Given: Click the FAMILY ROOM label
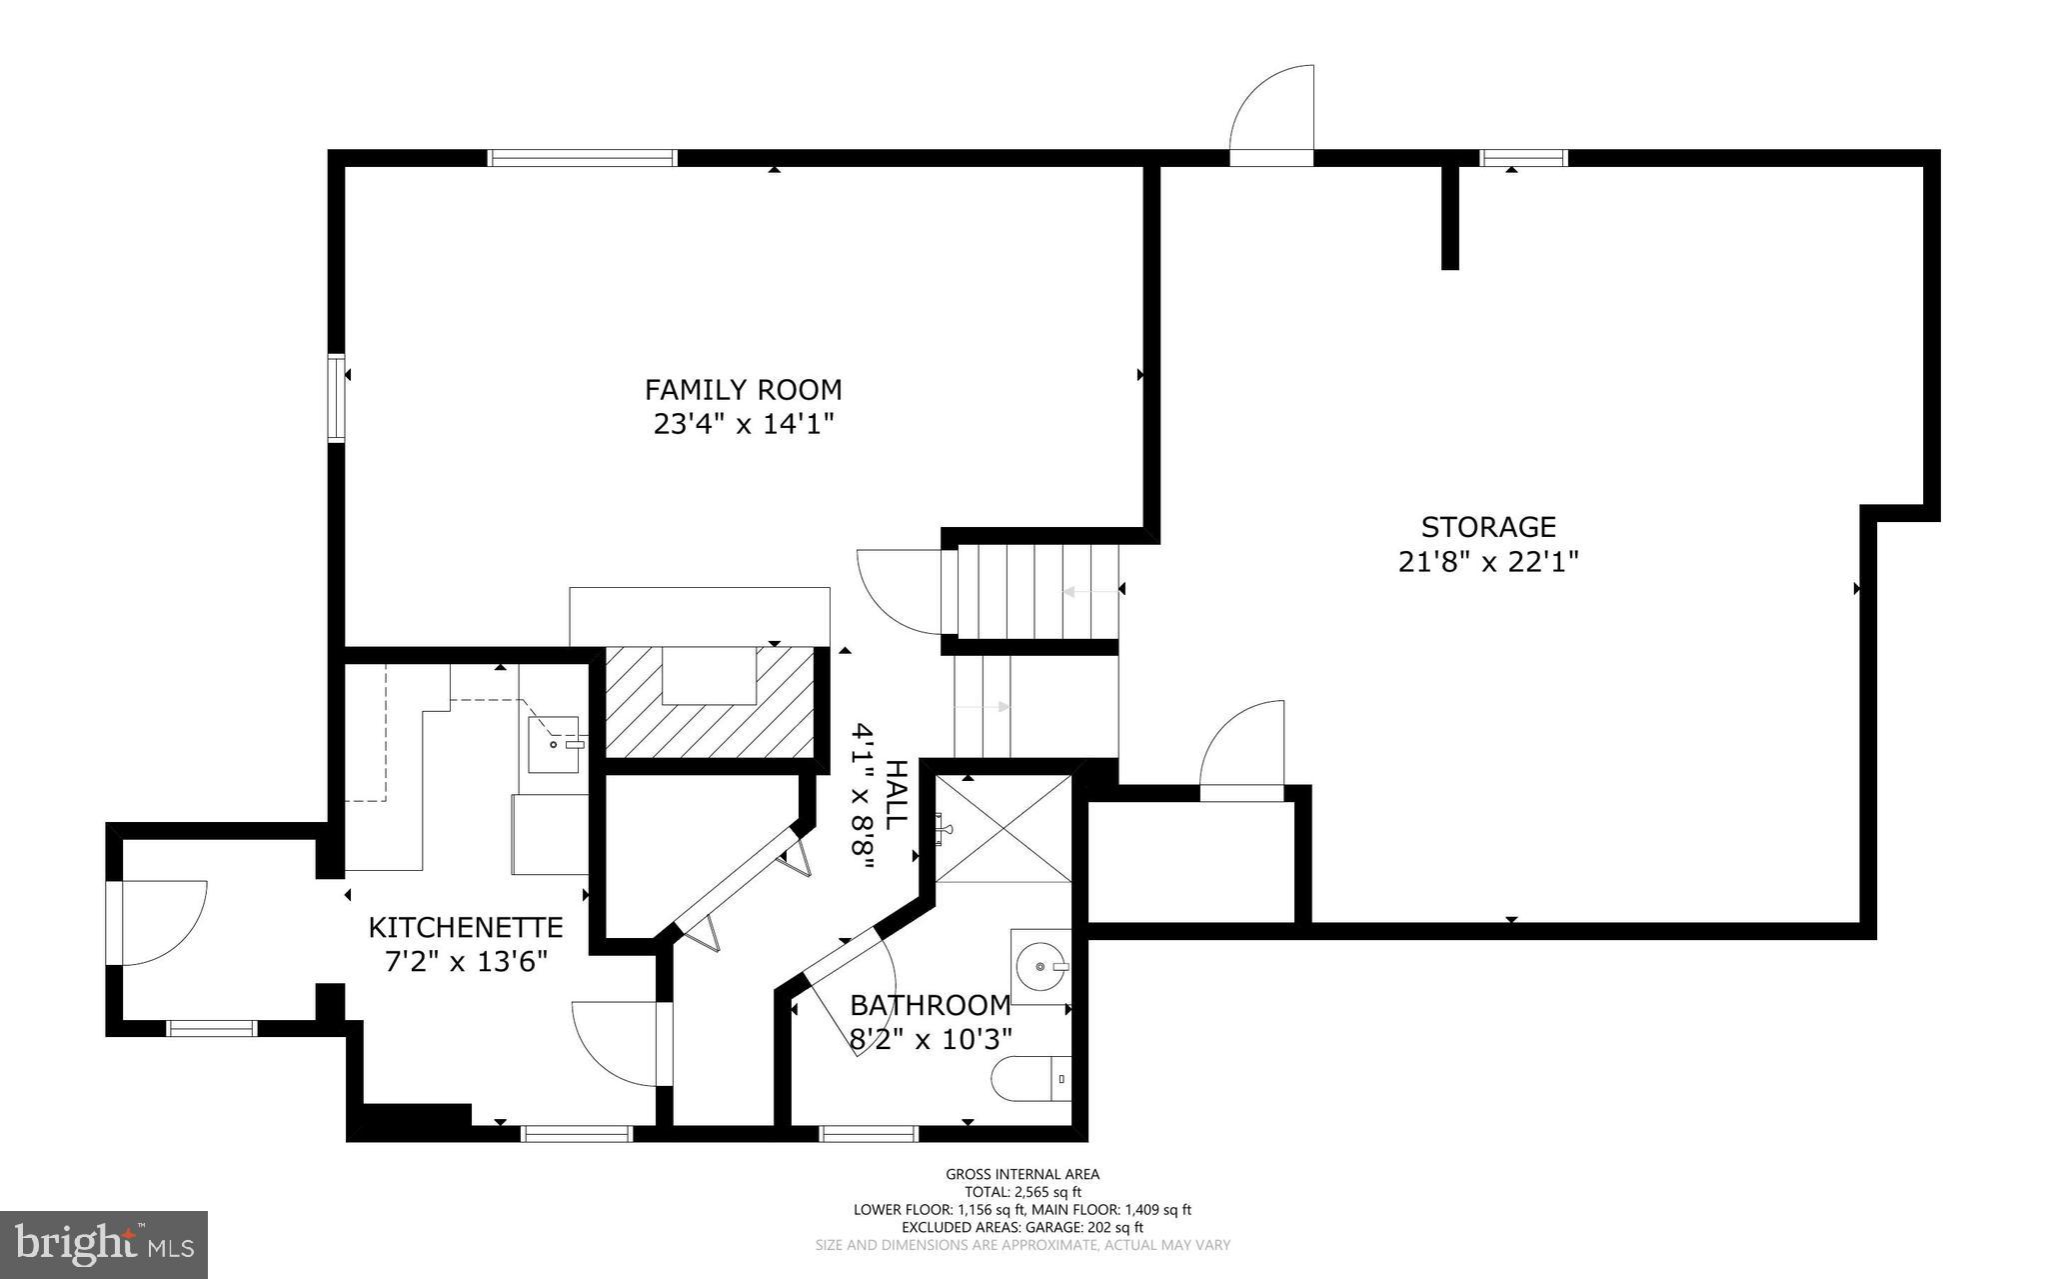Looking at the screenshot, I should pyautogui.click(x=743, y=389).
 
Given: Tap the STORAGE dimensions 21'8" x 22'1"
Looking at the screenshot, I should pyautogui.click(x=1487, y=562).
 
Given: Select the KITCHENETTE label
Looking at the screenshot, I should pyautogui.click(x=466, y=927).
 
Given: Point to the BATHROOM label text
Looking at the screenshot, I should pyautogui.click(x=930, y=1004).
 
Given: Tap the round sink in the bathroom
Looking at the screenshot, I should pyautogui.click(x=1040, y=967).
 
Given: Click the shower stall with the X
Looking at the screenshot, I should pyautogui.click(x=1003, y=828).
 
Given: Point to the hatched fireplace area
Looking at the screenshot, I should pyautogui.click(x=711, y=702).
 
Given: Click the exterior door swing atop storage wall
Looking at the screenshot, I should pyautogui.click(x=1271, y=110).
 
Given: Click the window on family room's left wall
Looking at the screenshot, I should pyautogui.click(x=337, y=397).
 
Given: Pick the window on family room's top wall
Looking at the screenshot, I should pyautogui.click(x=582, y=158).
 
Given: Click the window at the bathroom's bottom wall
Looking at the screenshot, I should pyautogui.click(x=868, y=1133).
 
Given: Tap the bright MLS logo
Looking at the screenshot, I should pyautogui.click(x=104, y=1245).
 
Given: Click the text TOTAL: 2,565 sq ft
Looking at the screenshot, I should pyautogui.click(x=1023, y=1192).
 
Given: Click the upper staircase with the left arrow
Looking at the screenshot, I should pyautogui.click(x=1035, y=592).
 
